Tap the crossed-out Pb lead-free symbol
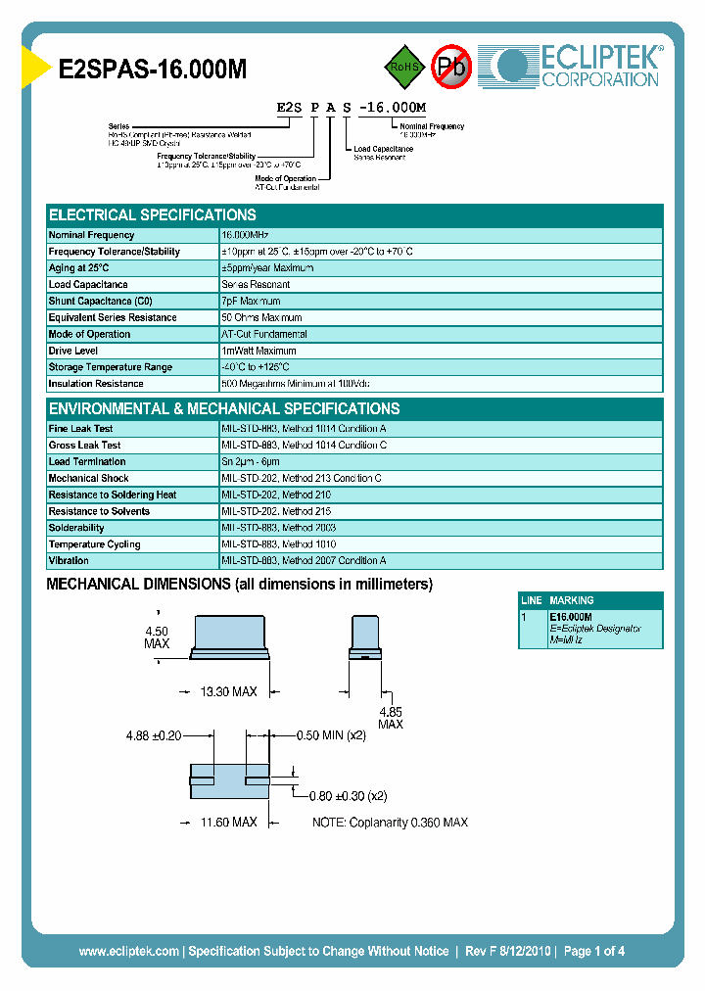pos(451,67)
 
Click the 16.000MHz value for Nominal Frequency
pos(245,235)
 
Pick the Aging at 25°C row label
pos(79,268)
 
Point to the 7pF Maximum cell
pos(251,302)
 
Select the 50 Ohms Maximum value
pos(261,318)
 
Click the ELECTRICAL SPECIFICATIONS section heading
pos(153,215)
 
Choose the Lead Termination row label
pos(87,462)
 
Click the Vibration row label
pos(69,561)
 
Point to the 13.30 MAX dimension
pos(228,692)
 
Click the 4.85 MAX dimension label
pos(390,718)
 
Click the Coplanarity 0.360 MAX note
pos(390,823)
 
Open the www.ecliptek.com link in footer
pos(128,951)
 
